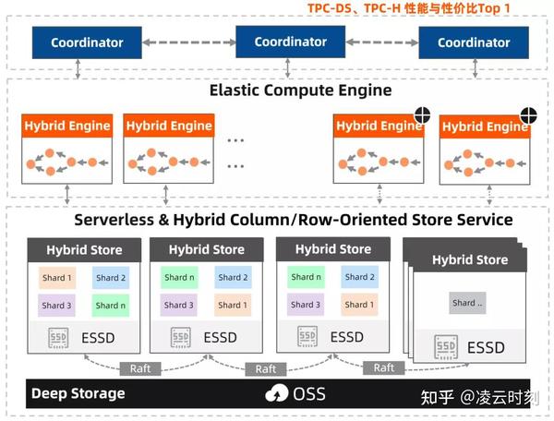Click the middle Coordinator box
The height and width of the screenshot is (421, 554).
[x=291, y=42]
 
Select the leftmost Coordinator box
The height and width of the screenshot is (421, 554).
[x=87, y=42]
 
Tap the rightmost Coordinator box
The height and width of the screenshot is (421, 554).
[x=474, y=42]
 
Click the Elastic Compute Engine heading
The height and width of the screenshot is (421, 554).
[x=301, y=90]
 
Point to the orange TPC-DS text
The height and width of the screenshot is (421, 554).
[x=329, y=7]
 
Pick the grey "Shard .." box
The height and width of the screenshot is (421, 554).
[x=467, y=303]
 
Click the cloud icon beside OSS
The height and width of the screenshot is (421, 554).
[x=277, y=393]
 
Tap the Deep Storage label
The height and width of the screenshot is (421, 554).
[x=78, y=393]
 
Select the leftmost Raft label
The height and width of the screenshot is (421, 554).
[x=140, y=368]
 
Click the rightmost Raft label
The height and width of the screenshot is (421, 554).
[x=384, y=368]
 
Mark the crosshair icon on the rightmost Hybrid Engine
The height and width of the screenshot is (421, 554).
[x=528, y=115]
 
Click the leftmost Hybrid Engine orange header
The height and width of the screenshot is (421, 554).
[x=67, y=126]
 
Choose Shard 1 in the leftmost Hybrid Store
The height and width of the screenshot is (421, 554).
[x=57, y=278]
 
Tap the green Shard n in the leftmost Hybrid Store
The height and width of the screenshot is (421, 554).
[x=111, y=306]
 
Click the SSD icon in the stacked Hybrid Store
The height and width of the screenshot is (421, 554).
[x=446, y=347]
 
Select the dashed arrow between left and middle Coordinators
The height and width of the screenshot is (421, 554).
[x=188, y=42]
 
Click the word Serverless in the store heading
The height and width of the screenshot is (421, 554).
[x=114, y=220]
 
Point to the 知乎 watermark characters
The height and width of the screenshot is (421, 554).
[x=437, y=397]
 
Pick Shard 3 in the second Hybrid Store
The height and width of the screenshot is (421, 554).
[x=179, y=305]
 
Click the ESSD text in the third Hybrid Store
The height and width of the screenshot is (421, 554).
[x=347, y=337]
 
